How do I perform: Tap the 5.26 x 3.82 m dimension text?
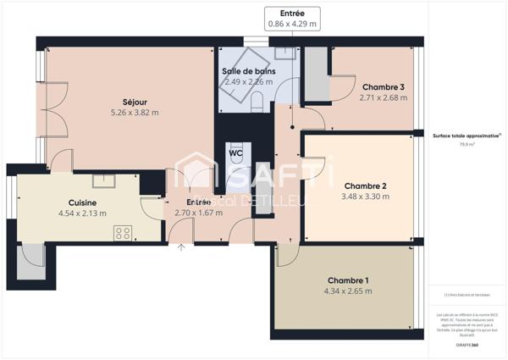click(x=135, y=112)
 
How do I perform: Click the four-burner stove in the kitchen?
click(x=123, y=232)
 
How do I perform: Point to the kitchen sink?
click(x=103, y=180)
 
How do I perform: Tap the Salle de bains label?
click(x=247, y=71)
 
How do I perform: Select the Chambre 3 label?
click(x=383, y=87)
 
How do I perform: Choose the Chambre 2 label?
click(x=366, y=186)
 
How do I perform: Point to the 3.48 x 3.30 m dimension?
click(x=367, y=197)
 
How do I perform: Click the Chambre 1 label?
click(x=348, y=280)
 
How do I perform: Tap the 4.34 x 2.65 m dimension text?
click(x=348, y=291)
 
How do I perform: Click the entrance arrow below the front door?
click(x=181, y=247)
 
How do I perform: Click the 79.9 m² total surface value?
click(x=467, y=145)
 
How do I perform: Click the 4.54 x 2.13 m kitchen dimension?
click(x=82, y=213)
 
